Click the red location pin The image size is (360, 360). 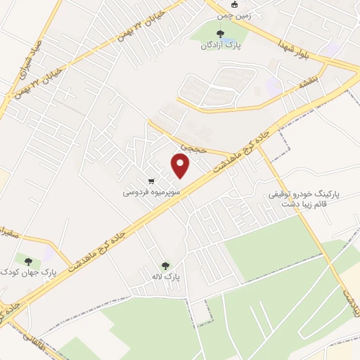pyautogui.click(x=181, y=166)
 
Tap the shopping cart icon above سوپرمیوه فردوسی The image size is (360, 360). pyautogui.click(x=151, y=179)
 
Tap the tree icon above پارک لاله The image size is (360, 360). pyautogui.click(x=166, y=265)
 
